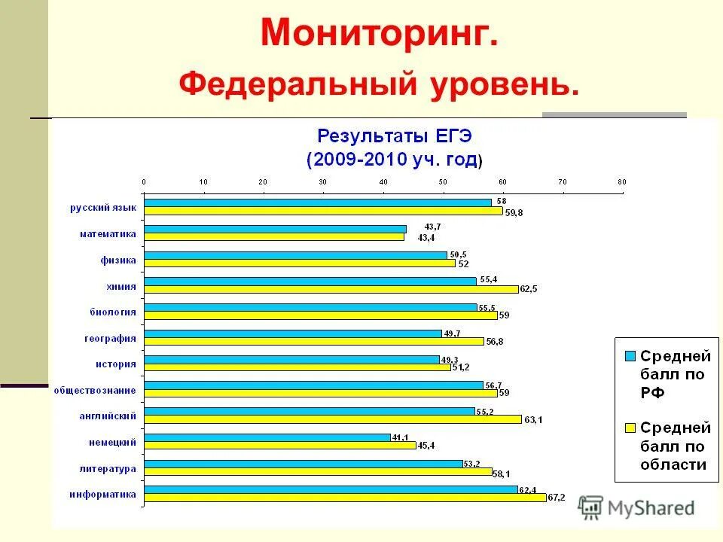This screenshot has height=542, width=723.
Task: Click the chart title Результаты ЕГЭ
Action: click(395, 136)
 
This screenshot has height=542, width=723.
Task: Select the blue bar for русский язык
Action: click(317, 202)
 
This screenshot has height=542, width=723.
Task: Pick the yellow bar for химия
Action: click(331, 289)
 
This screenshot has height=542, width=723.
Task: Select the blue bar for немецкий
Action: click(267, 437)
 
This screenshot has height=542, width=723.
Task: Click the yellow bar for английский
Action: click(332, 419)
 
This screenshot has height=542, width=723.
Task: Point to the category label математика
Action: click(108, 234)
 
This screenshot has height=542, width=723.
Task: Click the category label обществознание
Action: click(94, 390)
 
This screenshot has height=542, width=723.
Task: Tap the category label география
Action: click(109, 338)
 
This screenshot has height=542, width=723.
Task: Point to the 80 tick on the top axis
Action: click(621, 181)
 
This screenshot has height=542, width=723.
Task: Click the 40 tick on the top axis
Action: click(383, 181)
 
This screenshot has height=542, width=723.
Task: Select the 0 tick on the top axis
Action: click(144, 181)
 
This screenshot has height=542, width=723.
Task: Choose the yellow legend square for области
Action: click(630, 428)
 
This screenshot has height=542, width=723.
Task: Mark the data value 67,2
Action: click(557, 498)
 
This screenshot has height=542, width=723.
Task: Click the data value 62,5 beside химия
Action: click(529, 289)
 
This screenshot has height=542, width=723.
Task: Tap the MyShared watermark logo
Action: click(637, 508)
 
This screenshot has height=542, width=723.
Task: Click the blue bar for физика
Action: click(295, 255)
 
